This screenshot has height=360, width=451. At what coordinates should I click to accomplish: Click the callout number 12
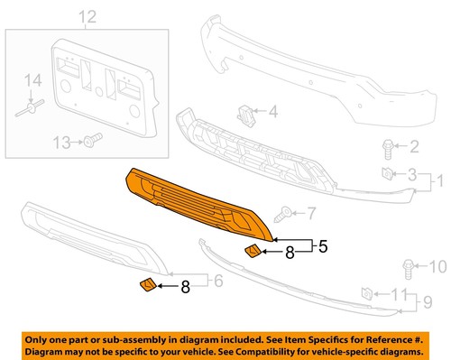[x=87, y=17]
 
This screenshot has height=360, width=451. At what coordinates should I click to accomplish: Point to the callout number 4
[x=272, y=114]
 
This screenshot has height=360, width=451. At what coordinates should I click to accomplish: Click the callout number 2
[x=414, y=147]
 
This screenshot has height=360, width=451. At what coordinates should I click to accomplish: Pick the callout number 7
[x=312, y=214]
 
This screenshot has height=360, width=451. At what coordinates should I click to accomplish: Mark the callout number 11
[x=399, y=293]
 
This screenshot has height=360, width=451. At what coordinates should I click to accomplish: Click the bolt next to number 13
[x=91, y=141]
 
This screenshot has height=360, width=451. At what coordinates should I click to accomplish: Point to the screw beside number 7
[x=285, y=215]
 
